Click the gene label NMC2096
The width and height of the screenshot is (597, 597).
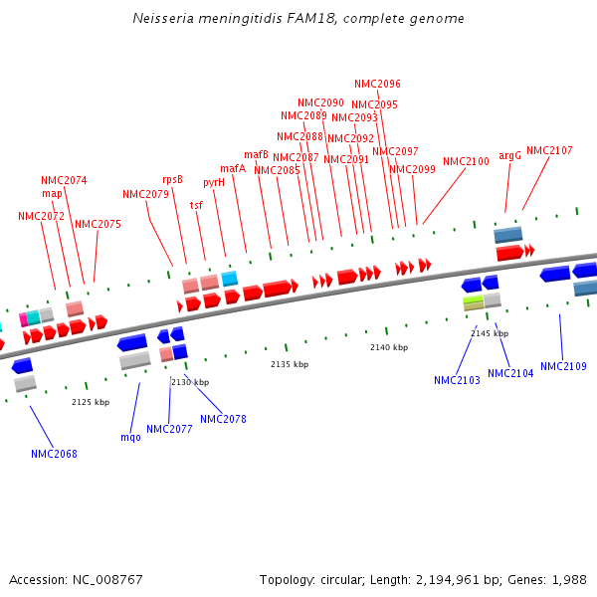377,84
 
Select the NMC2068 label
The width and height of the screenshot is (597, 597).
54,454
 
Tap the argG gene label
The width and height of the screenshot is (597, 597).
509,155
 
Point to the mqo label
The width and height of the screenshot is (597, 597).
130,437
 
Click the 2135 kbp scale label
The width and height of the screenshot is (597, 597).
290,364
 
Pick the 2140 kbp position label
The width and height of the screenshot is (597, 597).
389,347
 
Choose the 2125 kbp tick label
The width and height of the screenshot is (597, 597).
91,402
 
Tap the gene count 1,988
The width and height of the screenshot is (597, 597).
568,579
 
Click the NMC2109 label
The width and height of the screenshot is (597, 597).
563,366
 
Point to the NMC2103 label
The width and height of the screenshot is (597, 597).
457,380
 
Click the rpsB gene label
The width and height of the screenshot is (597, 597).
172,179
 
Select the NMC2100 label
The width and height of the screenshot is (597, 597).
466,161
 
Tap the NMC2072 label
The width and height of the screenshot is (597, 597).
41,216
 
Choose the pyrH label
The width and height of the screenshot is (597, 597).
214,182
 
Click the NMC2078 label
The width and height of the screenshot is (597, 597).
223,419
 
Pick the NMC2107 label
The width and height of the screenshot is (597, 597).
549,150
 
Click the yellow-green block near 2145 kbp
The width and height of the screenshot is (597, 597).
473,299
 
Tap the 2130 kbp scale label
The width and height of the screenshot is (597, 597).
190,382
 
